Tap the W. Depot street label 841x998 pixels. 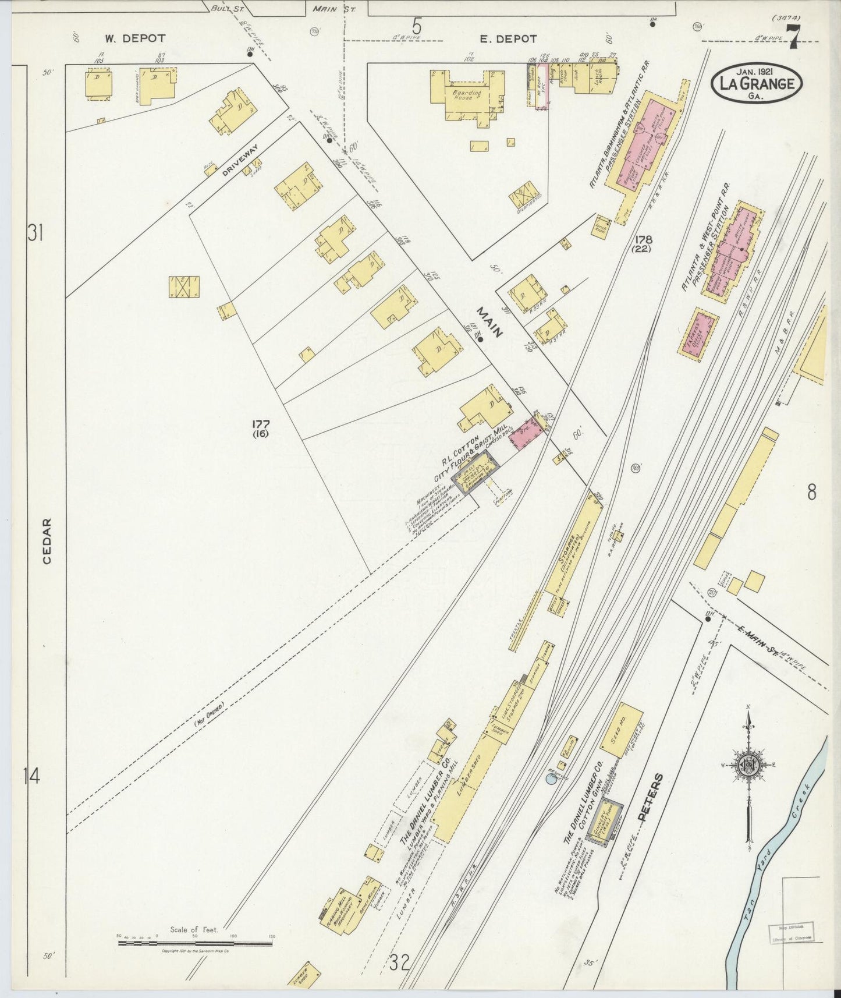coord(135,39)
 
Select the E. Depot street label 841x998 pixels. coord(508,39)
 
